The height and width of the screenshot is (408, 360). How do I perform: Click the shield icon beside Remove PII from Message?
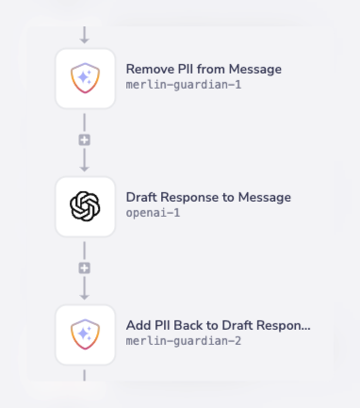pos(85,78)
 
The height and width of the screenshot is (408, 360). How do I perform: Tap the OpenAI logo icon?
pos(85,206)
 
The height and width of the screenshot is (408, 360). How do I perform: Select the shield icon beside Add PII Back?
pos(85,335)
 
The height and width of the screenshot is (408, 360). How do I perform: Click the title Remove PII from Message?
pos(204,69)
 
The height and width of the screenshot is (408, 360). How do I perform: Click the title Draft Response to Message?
pos(208,197)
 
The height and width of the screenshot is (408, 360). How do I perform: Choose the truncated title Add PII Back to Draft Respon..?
pos(218,325)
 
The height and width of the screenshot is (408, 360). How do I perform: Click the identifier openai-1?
pos(153,213)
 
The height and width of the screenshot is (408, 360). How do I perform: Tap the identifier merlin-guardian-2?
pos(183,341)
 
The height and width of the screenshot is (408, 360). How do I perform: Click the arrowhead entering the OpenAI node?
pos(85,167)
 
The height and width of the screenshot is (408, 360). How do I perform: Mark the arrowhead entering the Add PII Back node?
pos(85,295)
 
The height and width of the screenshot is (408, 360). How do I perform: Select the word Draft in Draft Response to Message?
pos(142,197)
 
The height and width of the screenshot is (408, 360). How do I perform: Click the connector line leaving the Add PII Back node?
pos(85,376)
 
